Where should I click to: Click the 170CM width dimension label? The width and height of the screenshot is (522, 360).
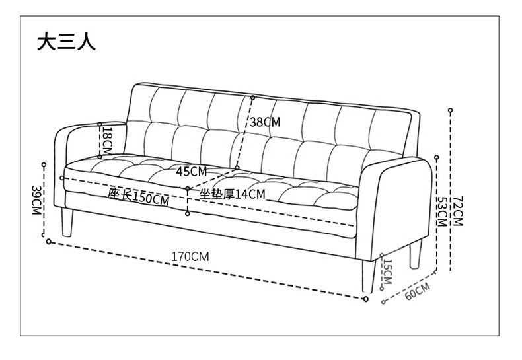(x=190, y=256)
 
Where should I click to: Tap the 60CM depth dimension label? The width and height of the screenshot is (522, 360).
(x=417, y=290)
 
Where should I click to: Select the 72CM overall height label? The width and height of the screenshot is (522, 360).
(x=458, y=210)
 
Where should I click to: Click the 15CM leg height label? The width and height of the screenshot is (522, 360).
(x=388, y=271)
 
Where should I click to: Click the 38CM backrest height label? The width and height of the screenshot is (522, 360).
(x=266, y=122)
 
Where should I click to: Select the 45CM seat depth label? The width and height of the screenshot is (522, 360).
(x=192, y=171)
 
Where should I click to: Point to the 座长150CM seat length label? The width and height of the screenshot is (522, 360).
(x=139, y=196)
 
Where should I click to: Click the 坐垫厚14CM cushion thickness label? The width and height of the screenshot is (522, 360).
(x=232, y=194)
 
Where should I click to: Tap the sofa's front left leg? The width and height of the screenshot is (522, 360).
(x=65, y=223)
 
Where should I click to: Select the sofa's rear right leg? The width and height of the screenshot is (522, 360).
(x=415, y=254)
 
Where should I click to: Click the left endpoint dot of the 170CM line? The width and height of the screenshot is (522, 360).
(x=48, y=241)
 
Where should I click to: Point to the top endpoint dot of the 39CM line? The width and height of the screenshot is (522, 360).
(x=44, y=164)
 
